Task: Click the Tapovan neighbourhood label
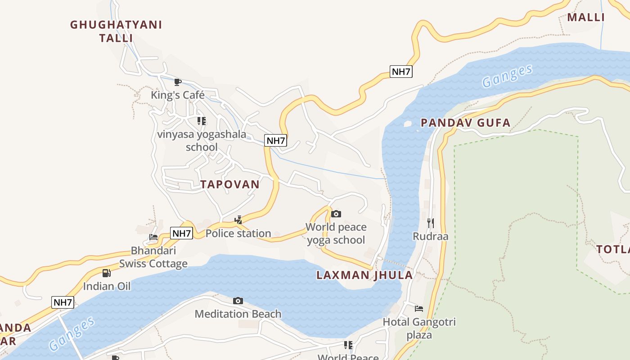pos(230,184)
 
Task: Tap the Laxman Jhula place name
pos(364,275)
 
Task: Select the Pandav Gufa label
pos(466,122)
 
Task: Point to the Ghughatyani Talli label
pos(116,31)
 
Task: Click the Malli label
pos(585,18)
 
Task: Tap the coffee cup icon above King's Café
pos(178,82)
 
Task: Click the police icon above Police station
pos(238,220)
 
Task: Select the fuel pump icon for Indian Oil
pos(107,273)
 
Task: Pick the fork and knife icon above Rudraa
pos(431,223)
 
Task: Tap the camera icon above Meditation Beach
pos(238,301)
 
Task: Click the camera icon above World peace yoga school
pos(336,214)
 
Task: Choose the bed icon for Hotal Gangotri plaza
pos(419,309)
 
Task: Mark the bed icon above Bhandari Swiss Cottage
pos(153,237)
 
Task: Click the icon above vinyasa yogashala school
pos(202,121)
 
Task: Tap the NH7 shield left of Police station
pos(182,233)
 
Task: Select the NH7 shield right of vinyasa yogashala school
pos(276,140)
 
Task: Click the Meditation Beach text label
pos(238,314)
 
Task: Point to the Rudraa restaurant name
pos(431,236)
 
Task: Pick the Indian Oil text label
pos(107,286)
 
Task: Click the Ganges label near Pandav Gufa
pos(507,76)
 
